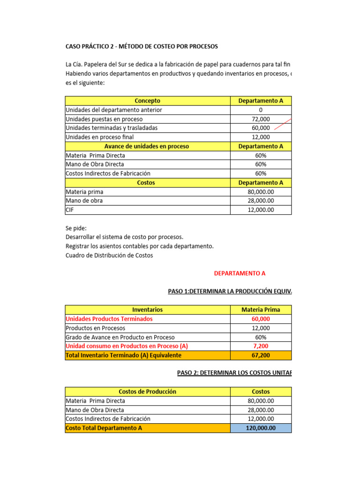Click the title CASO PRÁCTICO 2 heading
[142, 46]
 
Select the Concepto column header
[147, 101]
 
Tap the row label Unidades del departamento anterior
[114, 110]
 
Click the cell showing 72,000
[261, 119]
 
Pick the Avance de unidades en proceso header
[147, 146]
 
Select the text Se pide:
[76, 228]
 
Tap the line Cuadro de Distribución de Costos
[109, 255]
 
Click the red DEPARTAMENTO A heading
[240, 273]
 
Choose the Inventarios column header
[147, 310]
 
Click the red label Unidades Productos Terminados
[109, 319]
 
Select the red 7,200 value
[261, 346]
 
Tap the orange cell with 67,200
[261, 355]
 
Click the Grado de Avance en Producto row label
[120, 337]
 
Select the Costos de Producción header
[147, 391]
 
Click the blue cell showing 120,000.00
[261, 428]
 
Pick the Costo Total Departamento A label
[104, 428]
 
